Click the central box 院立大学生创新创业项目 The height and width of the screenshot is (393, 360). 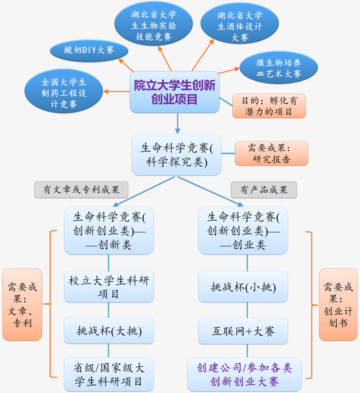pyautogui.click(x=174, y=92)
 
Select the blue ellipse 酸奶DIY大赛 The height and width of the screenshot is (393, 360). pyautogui.click(x=89, y=50)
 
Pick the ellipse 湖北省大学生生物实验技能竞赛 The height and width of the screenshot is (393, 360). pyautogui.click(x=154, y=26)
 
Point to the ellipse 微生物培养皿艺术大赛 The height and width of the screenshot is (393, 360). pyautogui.click(x=279, y=68)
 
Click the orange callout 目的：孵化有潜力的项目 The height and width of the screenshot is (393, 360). pyautogui.click(x=269, y=106)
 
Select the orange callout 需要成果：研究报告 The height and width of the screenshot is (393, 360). pyautogui.click(x=271, y=153)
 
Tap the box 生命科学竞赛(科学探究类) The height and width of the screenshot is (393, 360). pyautogui.click(x=176, y=154)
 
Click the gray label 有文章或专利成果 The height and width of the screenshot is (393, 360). pyautogui.click(x=81, y=190)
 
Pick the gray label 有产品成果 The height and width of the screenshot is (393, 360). pyautogui.click(x=264, y=190)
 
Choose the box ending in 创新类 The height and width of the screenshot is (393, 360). pyautogui.click(x=109, y=230)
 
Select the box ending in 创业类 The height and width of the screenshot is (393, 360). pyautogui.click(x=243, y=230)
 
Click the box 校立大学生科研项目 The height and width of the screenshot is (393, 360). pyautogui.click(x=109, y=287)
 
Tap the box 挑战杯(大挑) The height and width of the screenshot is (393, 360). pyautogui.click(x=109, y=331)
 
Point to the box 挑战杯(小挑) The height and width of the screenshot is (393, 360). pyautogui.click(x=243, y=287)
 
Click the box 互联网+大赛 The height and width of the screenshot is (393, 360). pyautogui.click(x=243, y=331)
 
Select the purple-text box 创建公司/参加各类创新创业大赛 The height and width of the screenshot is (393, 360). pyautogui.click(x=244, y=374)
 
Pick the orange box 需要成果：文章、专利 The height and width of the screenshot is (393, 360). pyautogui.click(x=22, y=304)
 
